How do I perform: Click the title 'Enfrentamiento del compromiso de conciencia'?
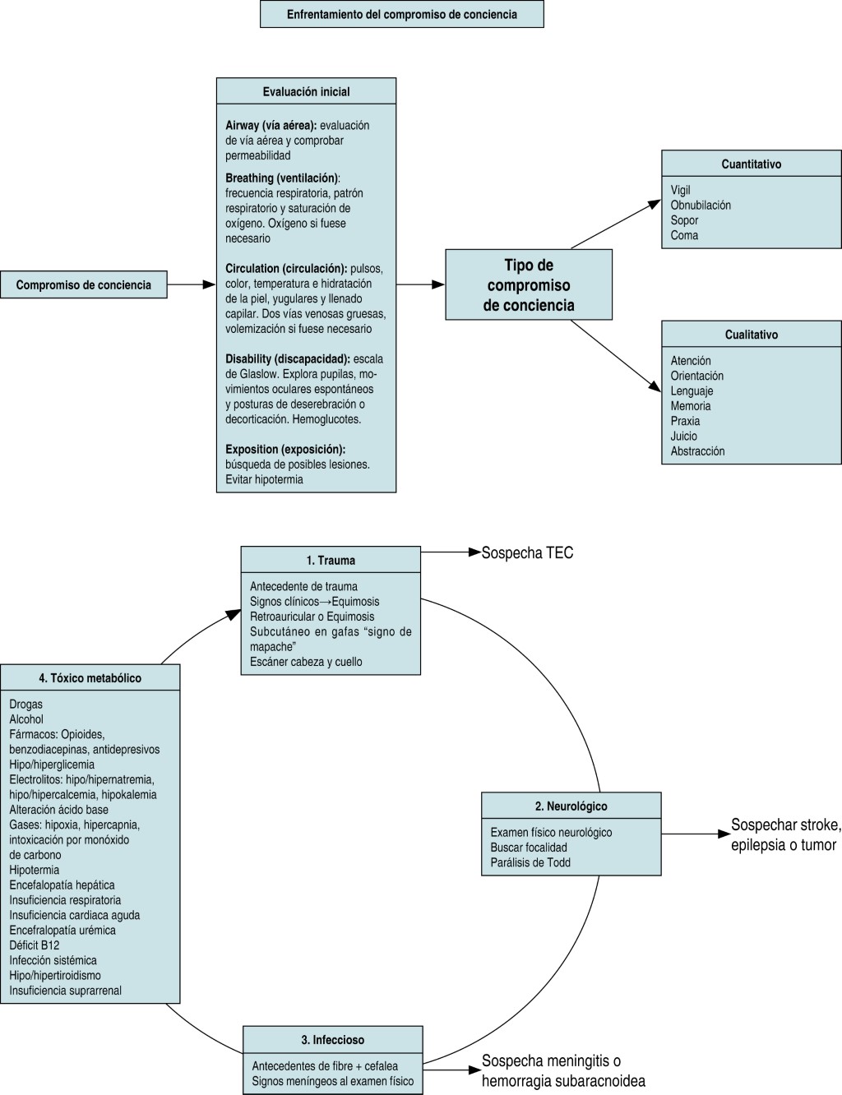pyautogui.click(x=401, y=15)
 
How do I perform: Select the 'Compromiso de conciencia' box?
pyautogui.click(x=83, y=285)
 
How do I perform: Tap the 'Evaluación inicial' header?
pyautogui.click(x=306, y=91)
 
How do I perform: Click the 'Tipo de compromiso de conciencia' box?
pyautogui.click(x=529, y=285)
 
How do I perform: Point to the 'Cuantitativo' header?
pyautogui.click(x=751, y=164)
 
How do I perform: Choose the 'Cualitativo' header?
pyautogui.click(x=751, y=335)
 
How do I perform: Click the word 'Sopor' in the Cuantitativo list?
pyautogui.click(x=684, y=220)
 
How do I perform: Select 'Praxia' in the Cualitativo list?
pyautogui.click(x=685, y=421)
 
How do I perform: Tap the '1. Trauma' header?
pyautogui.click(x=331, y=560)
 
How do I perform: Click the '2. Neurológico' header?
pyautogui.click(x=571, y=806)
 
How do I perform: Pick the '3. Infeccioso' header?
pyautogui.click(x=332, y=1039)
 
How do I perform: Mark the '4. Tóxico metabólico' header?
pyautogui.click(x=90, y=678)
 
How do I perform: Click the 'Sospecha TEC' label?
pyautogui.click(x=527, y=553)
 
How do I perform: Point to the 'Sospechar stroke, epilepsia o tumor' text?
pyautogui.click(x=785, y=834)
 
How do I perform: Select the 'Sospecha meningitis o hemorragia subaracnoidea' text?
pyautogui.click(x=563, y=1070)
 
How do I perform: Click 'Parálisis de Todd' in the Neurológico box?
pyautogui.click(x=530, y=862)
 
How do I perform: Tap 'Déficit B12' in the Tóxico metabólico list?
pyautogui.click(x=35, y=945)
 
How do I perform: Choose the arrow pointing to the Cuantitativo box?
pyautogui.click(x=617, y=224)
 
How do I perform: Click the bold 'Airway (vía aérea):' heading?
pyautogui.click(x=271, y=126)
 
